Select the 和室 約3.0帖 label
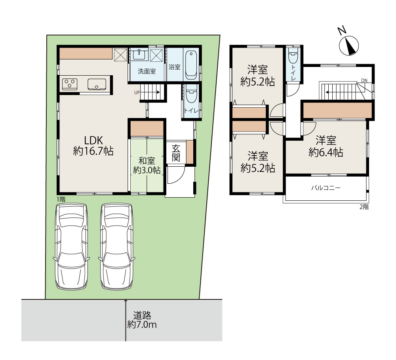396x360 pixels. coord(147,166)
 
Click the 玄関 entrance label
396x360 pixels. coord(176,153)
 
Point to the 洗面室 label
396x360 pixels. coord(147,71)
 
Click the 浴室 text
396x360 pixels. coord(175,67)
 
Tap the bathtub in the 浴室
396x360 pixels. coord(191,65)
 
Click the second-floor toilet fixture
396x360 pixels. coord(293,55)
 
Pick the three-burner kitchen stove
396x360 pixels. coord(70,84)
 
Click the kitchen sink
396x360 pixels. coord(97,84)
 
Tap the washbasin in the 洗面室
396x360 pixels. coord(139,54)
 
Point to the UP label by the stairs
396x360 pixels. coord(137,93)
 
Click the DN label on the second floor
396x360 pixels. coord(364,80)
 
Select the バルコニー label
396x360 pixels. coord(326,188)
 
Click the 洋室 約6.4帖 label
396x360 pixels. coord(326,146)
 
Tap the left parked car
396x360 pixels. coord(71,247)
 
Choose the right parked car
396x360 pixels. coord(117,247)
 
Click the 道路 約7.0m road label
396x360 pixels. coord(142,320)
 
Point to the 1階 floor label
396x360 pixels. coord(61,199)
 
